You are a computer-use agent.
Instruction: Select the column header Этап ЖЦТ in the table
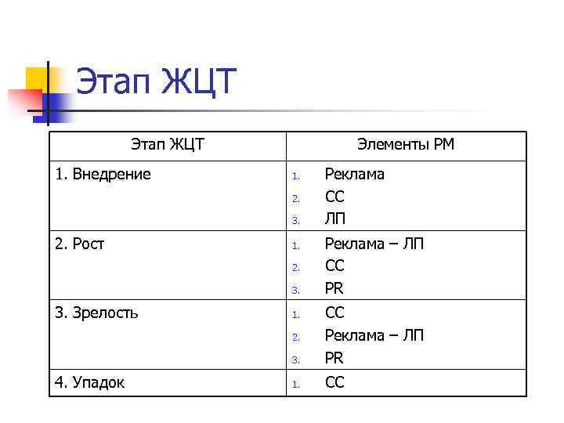coord(168,144)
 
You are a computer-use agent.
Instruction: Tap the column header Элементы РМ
coord(405,144)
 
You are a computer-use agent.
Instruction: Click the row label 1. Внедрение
coord(103,174)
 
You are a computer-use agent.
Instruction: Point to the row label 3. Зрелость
coord(97,313)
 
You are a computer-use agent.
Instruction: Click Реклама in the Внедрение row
coord(354,174)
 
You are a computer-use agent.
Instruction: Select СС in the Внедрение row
coord(334,197)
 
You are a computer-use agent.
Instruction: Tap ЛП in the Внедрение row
coord(335,219)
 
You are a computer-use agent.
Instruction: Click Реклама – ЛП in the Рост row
coord(374,244)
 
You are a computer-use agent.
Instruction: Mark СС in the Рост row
coord(334,266)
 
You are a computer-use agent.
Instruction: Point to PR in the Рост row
coord(334,289)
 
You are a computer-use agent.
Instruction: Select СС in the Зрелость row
coord(334,313)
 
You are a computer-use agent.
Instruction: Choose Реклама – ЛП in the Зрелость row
coord(374,336)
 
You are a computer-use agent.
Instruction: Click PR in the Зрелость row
coord(334,359)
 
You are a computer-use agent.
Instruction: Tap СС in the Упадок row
coord(334,383)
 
